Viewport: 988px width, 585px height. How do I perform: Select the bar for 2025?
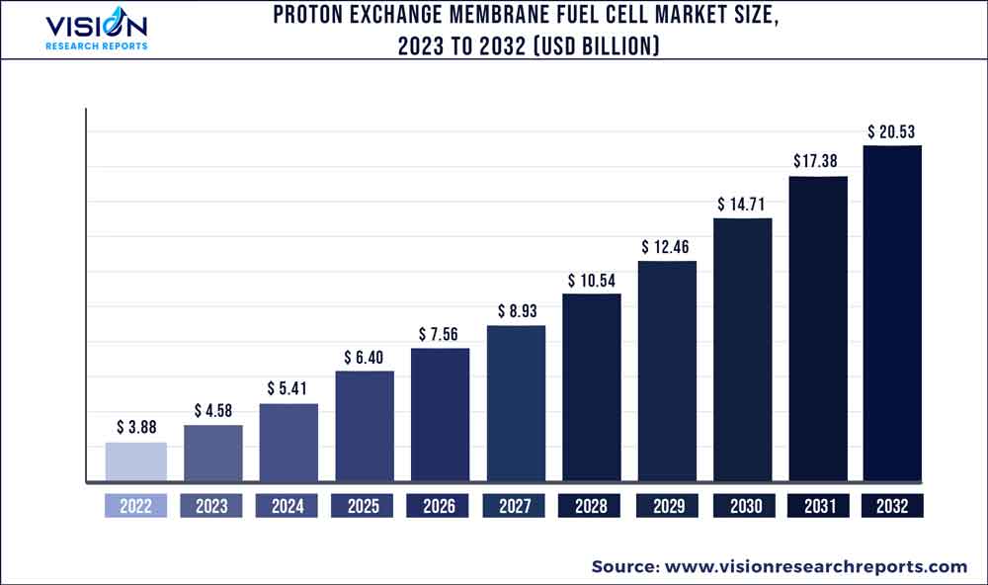[x=365, y=427]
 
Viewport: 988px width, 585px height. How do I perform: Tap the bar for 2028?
[x=592, y=388]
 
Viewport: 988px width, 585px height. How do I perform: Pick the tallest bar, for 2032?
[x=892, y=314]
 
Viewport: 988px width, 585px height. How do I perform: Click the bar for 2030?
[x=742, y=351]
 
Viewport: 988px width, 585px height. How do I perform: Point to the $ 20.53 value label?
[x=893, y=130]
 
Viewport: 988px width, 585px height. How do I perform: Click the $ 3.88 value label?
[x=136, y=427]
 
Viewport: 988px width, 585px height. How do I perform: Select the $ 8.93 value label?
[x=516, y=310]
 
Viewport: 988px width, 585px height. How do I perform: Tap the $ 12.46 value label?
[x=667, y=246]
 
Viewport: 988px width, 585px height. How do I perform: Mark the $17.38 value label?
[x=817, y=160]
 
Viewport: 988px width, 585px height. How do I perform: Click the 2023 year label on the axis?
[x=211, y=506]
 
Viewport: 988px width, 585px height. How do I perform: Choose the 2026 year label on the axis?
[x=440, y=506]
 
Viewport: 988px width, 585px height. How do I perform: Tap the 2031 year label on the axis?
[x=817, y=506]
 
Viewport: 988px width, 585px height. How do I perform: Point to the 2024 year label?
[x=288, y=506]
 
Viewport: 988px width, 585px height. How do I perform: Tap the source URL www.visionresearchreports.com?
[x=816, y=566]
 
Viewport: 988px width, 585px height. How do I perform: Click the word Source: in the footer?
[x=626, y=566]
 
